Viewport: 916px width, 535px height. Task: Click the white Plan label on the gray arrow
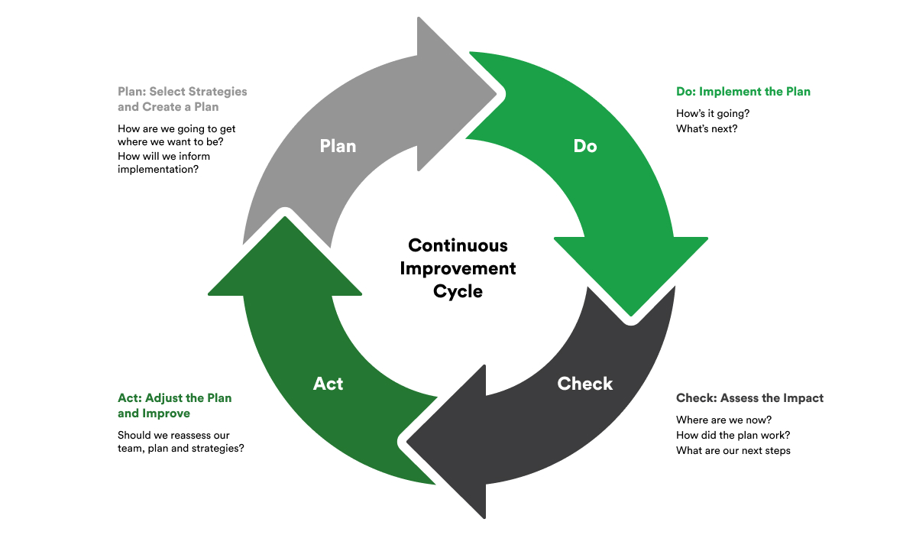point(338,145)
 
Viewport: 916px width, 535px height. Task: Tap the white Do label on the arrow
point(584,145)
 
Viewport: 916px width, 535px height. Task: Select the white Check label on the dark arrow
point(585,384)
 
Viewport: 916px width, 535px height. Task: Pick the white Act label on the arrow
point(328,384)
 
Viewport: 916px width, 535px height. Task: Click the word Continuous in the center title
point(458,245)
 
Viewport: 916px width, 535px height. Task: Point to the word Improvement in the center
point(458,268)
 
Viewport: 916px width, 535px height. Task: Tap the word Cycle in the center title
point(458,291)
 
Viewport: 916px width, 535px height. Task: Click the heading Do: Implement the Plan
point(743,92)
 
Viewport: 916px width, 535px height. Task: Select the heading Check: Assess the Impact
point(749,398)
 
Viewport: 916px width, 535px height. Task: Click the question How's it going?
point(712,114)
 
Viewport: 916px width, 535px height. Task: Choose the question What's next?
point(707,128)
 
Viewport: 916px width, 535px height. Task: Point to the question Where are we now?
point(723,420)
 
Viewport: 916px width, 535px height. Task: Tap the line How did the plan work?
point(733,435)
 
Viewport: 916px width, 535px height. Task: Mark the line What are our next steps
point(733,450)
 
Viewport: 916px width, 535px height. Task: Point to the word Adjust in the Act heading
point(162,398)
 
